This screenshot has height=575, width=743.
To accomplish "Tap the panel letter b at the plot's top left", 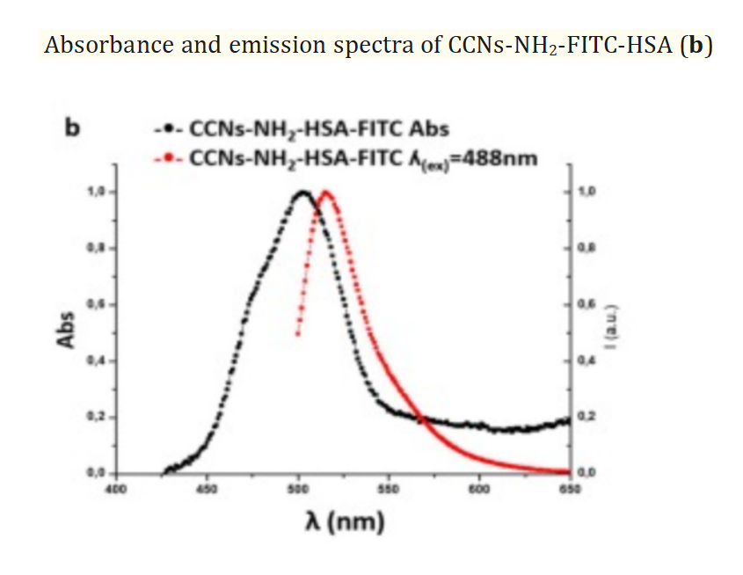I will pos(74,128).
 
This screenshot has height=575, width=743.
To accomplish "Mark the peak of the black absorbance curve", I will pos(302,192).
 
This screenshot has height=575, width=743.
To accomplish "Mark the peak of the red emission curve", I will pos(326,192).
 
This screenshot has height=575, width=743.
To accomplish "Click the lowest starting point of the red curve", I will pos(298,334).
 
